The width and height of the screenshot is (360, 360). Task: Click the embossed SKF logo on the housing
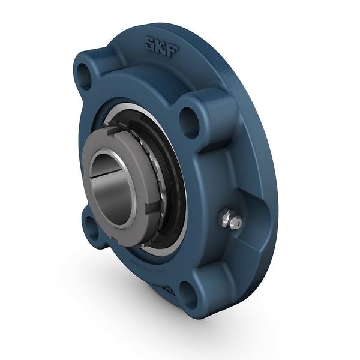[x=161, y=46]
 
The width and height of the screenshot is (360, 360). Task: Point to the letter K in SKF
[x=161, y=46]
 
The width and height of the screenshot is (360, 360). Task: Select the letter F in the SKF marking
[x=172, y=50]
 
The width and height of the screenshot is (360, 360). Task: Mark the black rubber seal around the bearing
[x=174, y=180]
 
